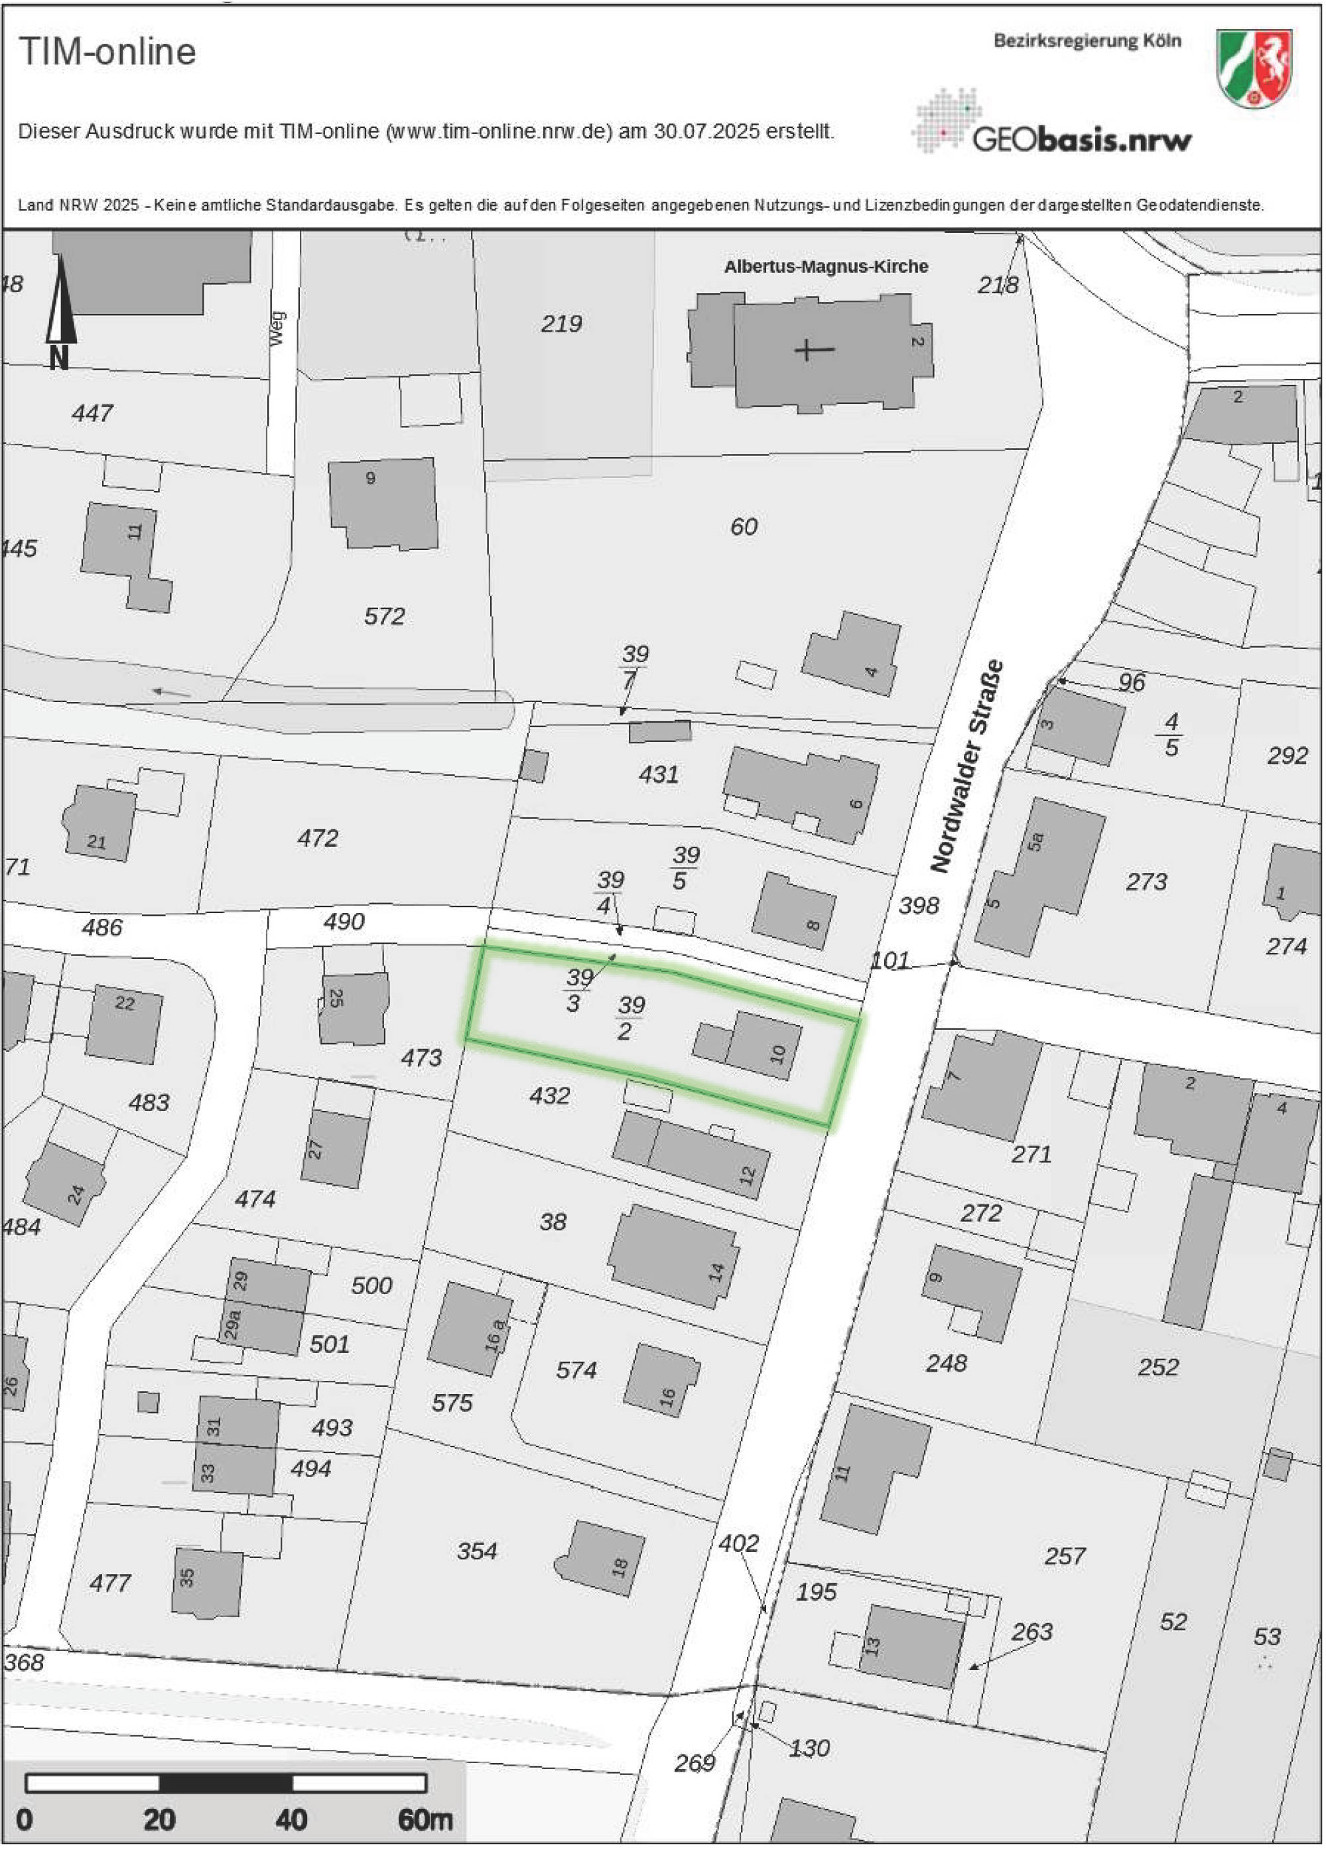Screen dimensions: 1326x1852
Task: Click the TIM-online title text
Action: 107,52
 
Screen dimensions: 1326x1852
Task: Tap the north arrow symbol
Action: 60,311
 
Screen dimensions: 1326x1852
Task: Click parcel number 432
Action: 549,1095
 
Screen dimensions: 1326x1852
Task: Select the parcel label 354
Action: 477,1551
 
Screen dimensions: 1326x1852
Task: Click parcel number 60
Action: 743,527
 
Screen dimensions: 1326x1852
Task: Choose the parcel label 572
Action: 384,616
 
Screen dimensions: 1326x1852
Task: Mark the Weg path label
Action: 278,328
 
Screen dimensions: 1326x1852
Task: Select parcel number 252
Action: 1158,1366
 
